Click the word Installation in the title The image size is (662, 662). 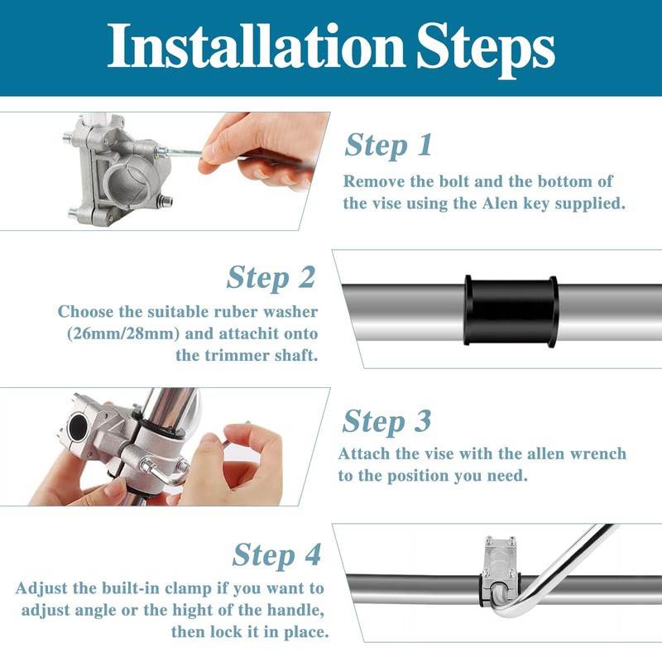[256, 46]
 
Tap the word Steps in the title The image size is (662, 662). [486, 50]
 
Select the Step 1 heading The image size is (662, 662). [388, 146]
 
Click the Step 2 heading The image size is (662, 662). [271, 277]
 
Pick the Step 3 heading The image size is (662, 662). [386, 421]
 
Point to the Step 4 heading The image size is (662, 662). [277, 554]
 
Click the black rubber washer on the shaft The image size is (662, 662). [511, 311]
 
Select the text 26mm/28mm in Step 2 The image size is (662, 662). [123, 334]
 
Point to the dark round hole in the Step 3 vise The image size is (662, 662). [79, 426]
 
